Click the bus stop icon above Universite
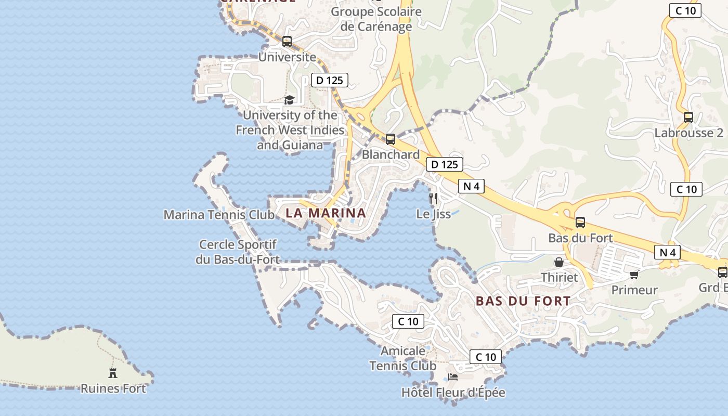coord(287,42)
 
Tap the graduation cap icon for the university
coord(289,100)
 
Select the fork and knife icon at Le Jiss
coord(433,198)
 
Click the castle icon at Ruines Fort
coord(113,372)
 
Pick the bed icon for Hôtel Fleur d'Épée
coord(453,377)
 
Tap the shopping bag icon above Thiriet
coord(559,262)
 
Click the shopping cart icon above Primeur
coord(634,274)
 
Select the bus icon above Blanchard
coord(391,139)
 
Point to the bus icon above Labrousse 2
coord(688,117)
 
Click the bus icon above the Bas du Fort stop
coord(580,222)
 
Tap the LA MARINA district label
coord(326,213)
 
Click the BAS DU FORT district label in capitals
coord(523,301)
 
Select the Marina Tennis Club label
coord(219,215)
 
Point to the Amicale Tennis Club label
coord(403,358)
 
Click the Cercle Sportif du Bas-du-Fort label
coord(238,252)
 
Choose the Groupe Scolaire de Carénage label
coord(376,19)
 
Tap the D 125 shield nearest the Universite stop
coord(329,80)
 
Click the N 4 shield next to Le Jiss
coord(471,186)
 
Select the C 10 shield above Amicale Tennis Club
coord(408,321)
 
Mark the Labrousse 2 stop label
coord(688,133)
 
